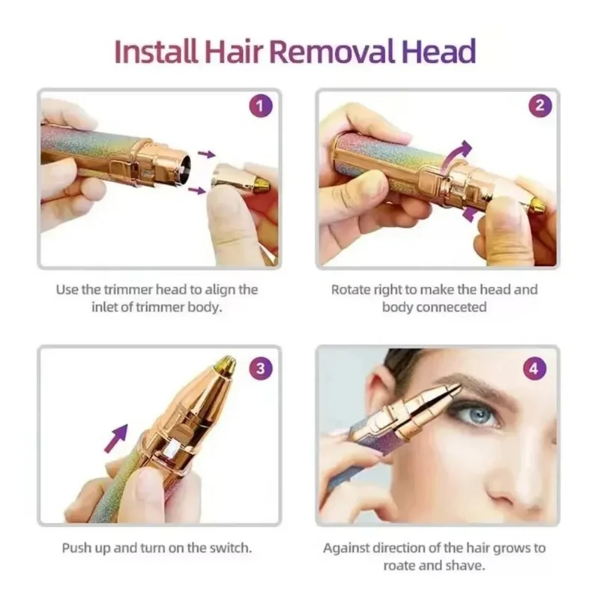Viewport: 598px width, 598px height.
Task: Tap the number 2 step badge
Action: click(539, 106)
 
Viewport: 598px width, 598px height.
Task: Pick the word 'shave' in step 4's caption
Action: click(468, 565)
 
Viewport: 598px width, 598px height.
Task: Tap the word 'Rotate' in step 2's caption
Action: click(352, 290)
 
